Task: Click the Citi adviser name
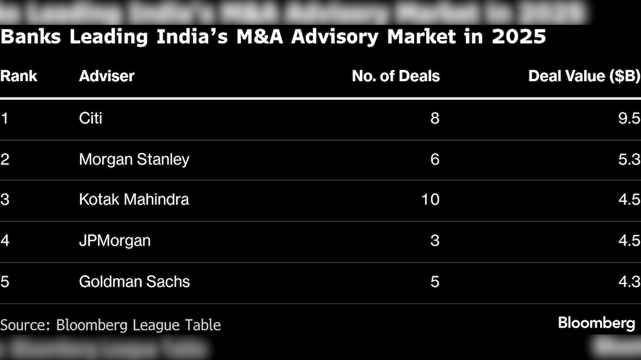point(91,118)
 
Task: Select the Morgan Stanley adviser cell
point(134,159)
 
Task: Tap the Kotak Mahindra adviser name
point(134,199)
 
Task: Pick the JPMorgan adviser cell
point(115,240)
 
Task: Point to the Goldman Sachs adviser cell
point(134,281)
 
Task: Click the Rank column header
point(18,76)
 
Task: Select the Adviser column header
point(107,76)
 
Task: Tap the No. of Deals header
point(395,76)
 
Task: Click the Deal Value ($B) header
point(584,76)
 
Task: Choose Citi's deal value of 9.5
point(629,118)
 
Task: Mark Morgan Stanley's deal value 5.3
point(629,159)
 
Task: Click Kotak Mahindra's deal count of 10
point(430,199)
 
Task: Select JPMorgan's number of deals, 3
point(434,240)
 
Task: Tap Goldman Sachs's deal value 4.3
point(629,281)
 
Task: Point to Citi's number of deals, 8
point(434,118)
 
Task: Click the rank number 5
point(5,281)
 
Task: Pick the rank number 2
point(5,159)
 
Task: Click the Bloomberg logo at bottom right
point(596,323)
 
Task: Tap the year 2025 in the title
point(519,37)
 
